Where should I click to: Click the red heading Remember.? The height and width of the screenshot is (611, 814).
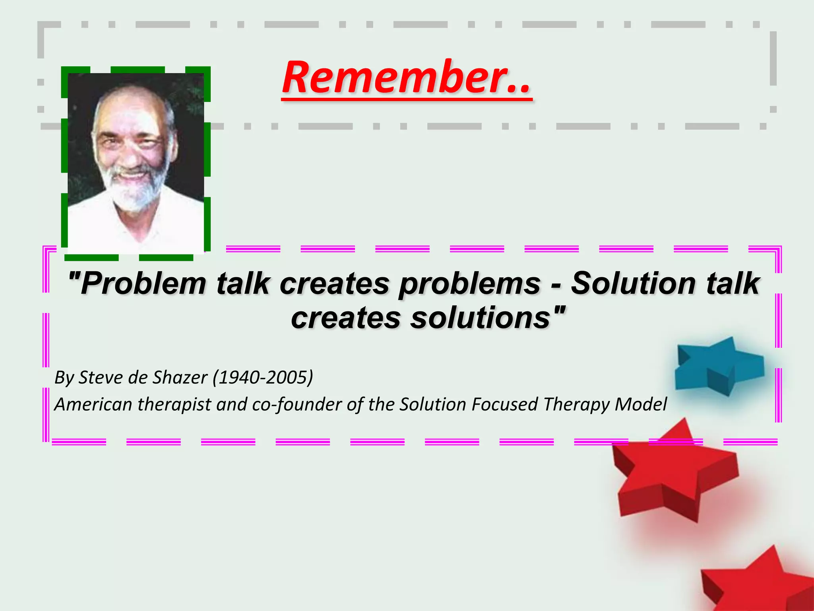[406, 78]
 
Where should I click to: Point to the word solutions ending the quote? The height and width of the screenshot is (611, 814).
[481, 318]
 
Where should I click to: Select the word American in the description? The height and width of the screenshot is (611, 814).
[93, 405]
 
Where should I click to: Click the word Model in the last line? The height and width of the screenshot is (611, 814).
[641, 405]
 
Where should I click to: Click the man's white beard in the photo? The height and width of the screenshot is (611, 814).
[133, 191]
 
